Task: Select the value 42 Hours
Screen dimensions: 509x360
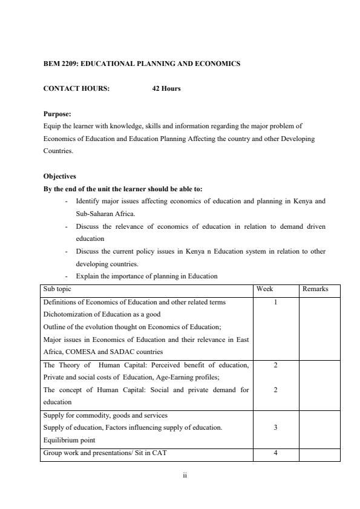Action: point(166,89)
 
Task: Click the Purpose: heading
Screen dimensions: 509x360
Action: point(57,114)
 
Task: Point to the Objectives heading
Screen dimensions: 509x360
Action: point(60,177)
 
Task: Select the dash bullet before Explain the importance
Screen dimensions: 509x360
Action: point(66,277)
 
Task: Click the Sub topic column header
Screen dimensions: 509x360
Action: point(57,289)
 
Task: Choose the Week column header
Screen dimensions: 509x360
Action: point(265,289)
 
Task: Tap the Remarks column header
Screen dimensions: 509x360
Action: point(315,289)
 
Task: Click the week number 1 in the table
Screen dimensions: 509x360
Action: point(275,301)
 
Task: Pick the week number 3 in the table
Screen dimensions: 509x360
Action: point(275,427)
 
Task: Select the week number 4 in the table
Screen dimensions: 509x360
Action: point(275,454)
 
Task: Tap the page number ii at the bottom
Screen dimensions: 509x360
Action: point(185,476)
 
